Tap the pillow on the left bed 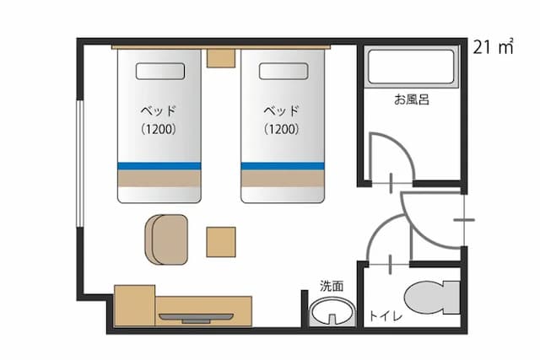(158, 71)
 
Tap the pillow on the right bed (282, 71)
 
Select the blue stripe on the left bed (159, 165)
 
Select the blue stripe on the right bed (283, 165)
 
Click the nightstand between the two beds (220, 57)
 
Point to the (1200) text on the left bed (158, 130)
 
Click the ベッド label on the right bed (282, 110)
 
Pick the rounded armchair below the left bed (166, 238)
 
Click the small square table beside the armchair (220, 242)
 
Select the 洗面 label (332, 286)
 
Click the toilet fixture (430, 298)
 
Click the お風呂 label (412, 99)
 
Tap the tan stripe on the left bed (159, 180)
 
